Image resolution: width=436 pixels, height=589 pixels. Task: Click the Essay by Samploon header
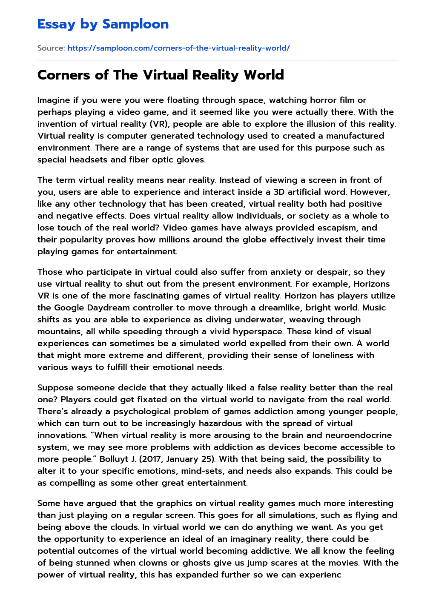tap(103, 24)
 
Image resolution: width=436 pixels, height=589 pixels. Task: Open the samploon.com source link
tap(178, 48)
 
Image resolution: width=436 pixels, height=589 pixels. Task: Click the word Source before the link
tap(51, 48)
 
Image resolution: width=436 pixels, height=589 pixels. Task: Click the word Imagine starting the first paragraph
tap(54, 100)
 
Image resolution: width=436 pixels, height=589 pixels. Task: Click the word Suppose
tap(54, 387)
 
